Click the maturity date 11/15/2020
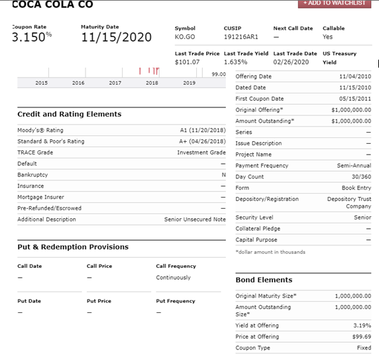(116, 37)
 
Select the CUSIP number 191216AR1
(239, 38)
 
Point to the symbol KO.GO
(185, 38)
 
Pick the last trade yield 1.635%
(235, 62)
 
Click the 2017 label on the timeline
(115, 83)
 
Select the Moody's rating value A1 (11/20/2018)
(203, 130)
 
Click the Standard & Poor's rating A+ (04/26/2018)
(203, 141)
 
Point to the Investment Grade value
(201, 152)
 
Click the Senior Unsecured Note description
(195, 219)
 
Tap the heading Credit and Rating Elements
(70, 114)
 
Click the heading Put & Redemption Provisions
(73, 247)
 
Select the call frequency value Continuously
(173, 277)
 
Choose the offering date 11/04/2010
(354, 76)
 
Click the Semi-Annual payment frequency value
(354, 165)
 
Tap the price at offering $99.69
(361, 337)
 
